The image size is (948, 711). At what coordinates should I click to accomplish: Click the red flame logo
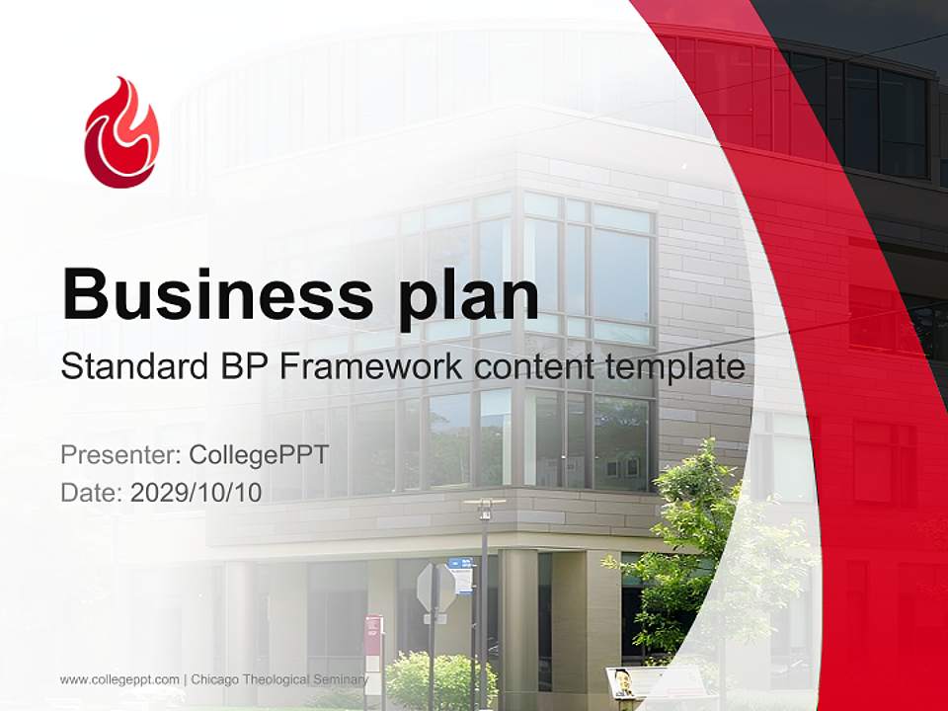120,133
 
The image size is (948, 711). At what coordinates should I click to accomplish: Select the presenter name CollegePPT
258,455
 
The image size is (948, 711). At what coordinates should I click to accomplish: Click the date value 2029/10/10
197,493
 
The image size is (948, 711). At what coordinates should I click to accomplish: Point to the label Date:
92,493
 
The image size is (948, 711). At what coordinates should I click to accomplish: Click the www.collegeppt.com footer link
119,679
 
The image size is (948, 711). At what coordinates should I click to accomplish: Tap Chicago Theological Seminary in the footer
279,679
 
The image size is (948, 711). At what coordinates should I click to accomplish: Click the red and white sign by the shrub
373,632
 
